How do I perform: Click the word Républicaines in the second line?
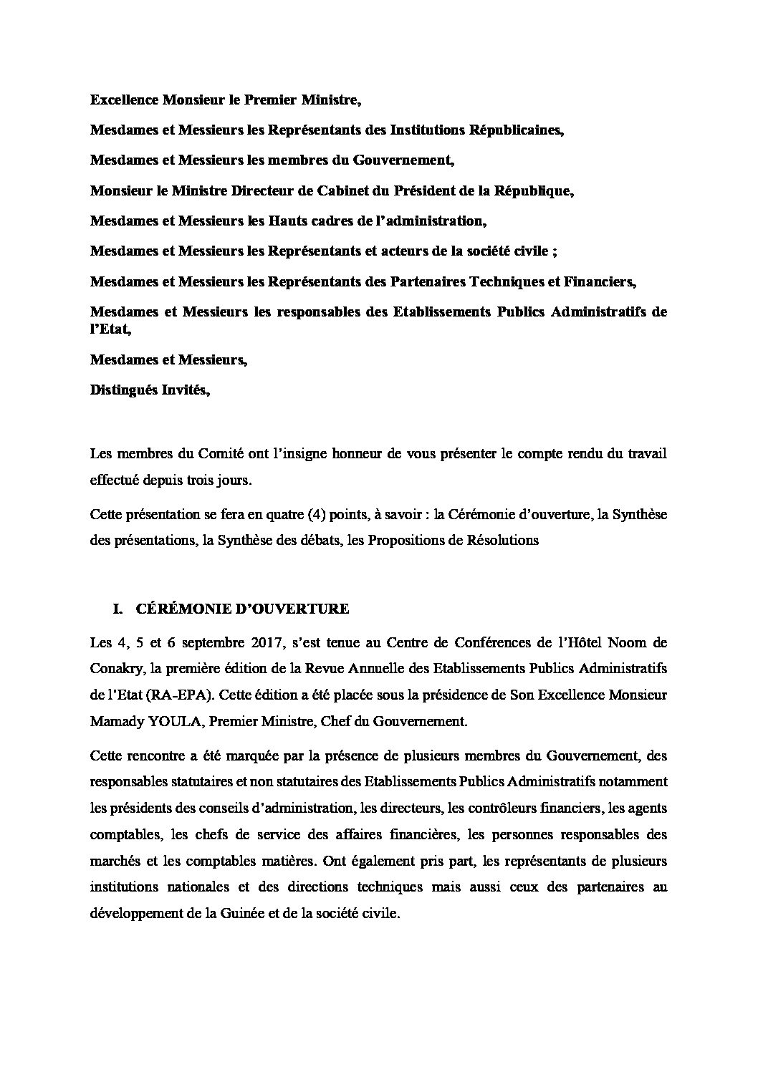click(517, 130)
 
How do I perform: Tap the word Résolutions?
click(499, 540)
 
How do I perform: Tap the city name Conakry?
click(115, 668)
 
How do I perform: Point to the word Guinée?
click(290, 914)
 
